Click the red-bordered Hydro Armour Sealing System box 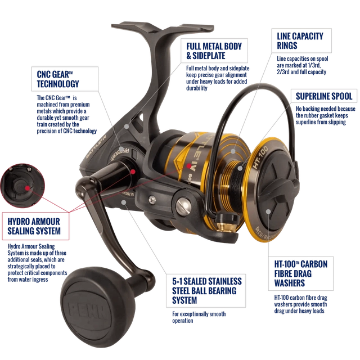pyautogui.click(x=36, y=226)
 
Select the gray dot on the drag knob pyautogui.click(x=270, y=213)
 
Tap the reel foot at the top pyautogui.click(x=164, y=26)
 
